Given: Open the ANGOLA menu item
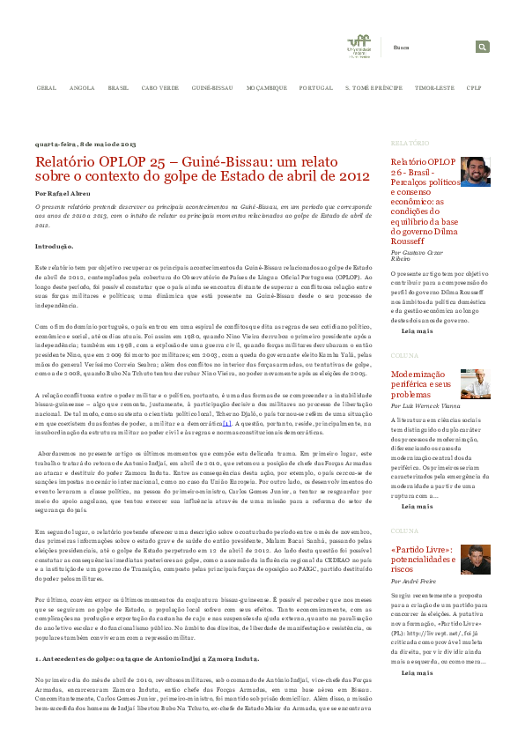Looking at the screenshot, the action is pos(82,89).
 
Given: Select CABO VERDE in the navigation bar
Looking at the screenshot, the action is pos(159,89).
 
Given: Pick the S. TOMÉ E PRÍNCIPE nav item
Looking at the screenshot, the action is pos(373,89).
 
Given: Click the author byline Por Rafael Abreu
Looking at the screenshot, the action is pos(63,191).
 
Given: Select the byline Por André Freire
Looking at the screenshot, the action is pos(417,582).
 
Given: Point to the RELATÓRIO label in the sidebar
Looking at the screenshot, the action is pos(410,143).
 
